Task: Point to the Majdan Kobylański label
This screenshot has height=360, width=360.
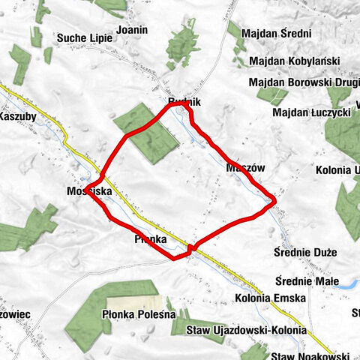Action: [294, 61]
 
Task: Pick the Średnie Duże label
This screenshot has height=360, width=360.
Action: [305, 252]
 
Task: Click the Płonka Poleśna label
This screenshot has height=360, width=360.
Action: [138, 316]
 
